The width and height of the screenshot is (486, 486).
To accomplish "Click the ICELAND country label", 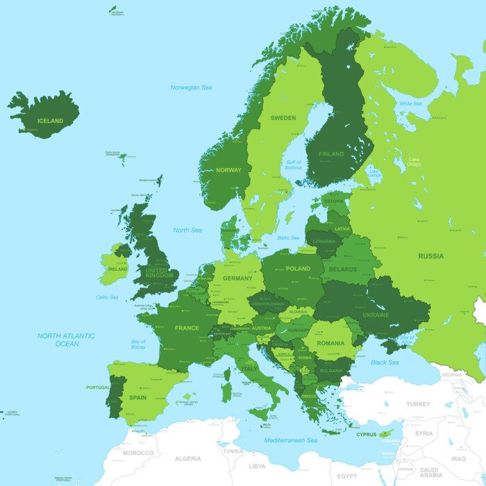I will click(50, 121).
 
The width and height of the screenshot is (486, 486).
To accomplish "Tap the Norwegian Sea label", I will click(191, 87).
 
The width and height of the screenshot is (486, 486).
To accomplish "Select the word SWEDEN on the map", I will click(283, 118).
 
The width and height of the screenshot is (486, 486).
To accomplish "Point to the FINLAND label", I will click(331, 154).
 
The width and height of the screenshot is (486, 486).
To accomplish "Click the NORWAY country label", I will click(228, 170).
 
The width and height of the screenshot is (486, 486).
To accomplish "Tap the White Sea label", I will click(410, 103).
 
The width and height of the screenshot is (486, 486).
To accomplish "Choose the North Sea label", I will click(187, 230).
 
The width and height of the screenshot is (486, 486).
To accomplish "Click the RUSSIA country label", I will click(430, 255).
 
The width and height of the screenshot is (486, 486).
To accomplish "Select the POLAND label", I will click(298, 268).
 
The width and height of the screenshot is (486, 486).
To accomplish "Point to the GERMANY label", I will click(237, 278).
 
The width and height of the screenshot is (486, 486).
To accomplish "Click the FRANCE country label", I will click(187, 328).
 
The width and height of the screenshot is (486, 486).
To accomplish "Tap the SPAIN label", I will click(137, 398).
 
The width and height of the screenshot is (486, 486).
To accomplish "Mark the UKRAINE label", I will click(375, 315).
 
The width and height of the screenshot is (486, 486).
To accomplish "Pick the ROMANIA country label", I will click(330, 343).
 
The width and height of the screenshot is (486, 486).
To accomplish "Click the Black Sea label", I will click(385, 362).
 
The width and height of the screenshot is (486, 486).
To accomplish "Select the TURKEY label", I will click(418, 404).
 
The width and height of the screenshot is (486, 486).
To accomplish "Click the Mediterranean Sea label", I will click(290, 440).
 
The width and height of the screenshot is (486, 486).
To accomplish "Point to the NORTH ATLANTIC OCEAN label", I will click(67, 340).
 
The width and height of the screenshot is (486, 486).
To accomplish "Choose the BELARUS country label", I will click(343, 269).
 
